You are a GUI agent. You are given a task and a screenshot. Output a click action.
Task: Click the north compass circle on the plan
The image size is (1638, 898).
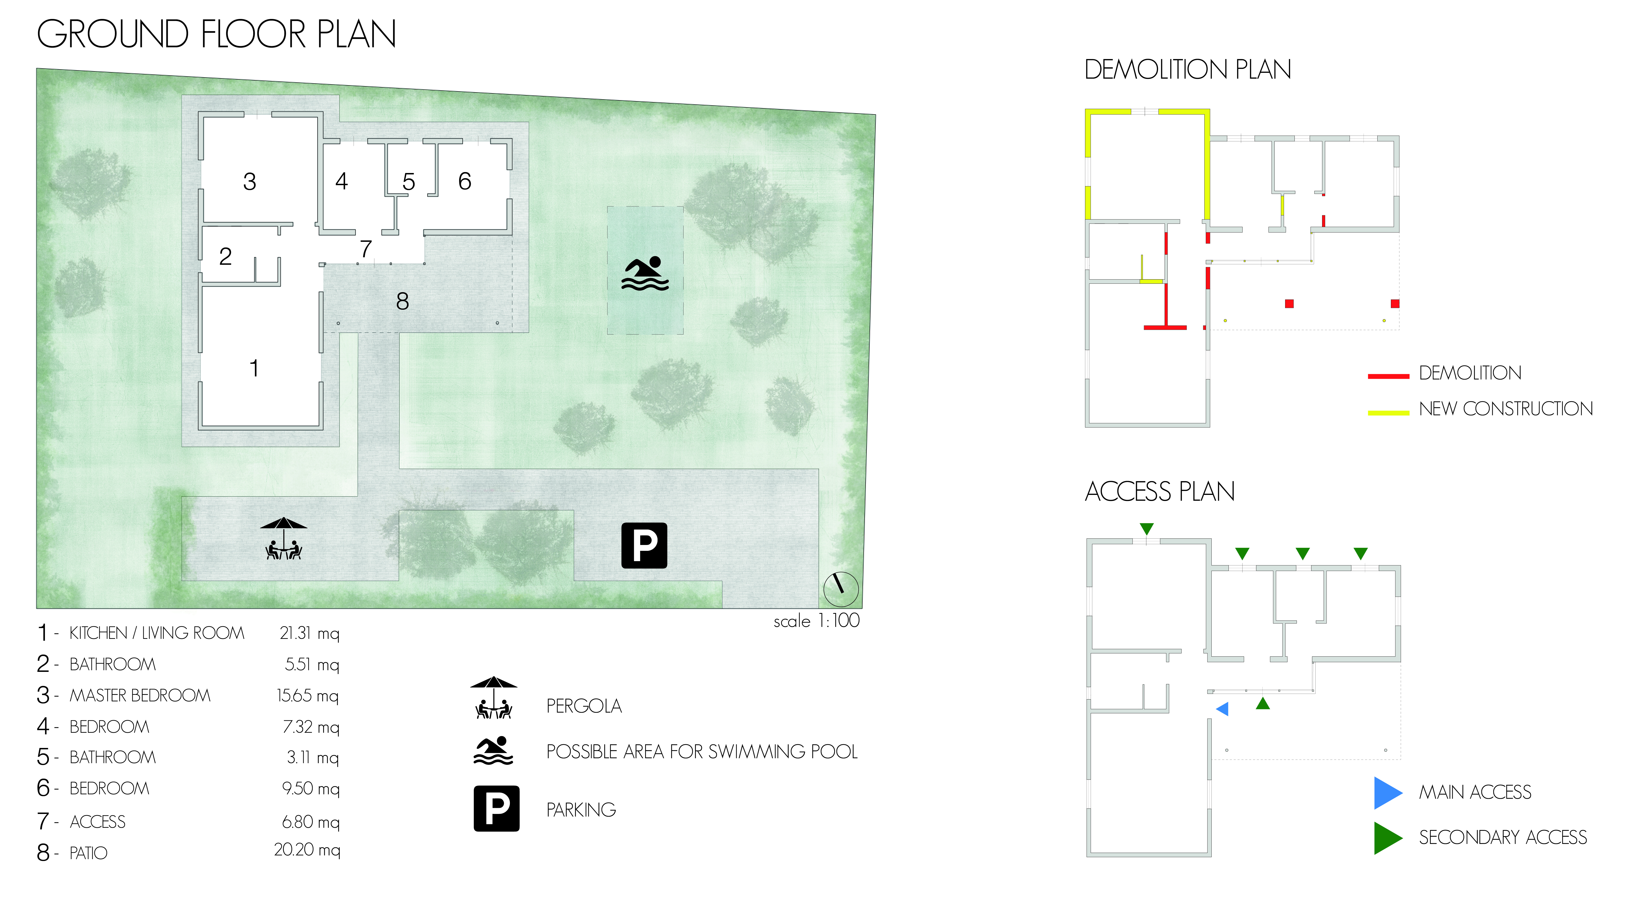tap(841, 589)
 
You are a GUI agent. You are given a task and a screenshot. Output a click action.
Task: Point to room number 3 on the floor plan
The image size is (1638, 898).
tap(249, 182)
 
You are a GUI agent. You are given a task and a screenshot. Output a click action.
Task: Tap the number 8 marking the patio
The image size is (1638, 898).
tap(402, 301)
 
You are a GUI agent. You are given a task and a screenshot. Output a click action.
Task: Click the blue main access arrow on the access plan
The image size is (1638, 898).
tap(1222, 708)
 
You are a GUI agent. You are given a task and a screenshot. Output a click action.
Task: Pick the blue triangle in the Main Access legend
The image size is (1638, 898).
tap(1387, 792)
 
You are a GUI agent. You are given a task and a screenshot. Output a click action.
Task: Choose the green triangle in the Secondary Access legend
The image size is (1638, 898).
tap(1387, 838)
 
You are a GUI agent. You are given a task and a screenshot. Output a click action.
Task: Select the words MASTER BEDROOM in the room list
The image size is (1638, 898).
tap(140, 695)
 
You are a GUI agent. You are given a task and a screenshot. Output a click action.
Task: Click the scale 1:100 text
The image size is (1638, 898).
tap(816, 621)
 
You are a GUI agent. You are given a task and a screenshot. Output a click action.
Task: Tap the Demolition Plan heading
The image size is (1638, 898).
tap(1187, 69)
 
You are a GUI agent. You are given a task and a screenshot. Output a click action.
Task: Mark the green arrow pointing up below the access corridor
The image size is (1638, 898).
tap(1263, 703)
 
